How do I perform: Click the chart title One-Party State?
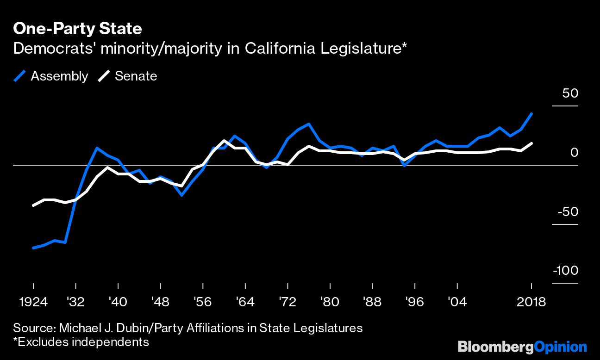(x=77, y=29)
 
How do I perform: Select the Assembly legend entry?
(x=51, y=76)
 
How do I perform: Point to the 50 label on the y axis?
(x=570, y=93)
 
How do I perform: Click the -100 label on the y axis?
(x=566, y=271)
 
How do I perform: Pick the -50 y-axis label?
(x=569, y=212)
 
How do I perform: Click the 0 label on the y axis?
(x=574, y=152)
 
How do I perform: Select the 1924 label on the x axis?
(x=33, y=302)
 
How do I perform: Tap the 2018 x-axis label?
(x=531, y=302)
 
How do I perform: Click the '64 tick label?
(x=244, y=302)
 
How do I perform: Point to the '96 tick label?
(x=414, y=302)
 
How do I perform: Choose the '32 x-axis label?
(x=75, y=302)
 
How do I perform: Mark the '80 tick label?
(x=329, y=302)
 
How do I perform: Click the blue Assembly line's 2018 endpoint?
(x=531, y=113)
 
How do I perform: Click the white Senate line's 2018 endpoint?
(x=531, y=143)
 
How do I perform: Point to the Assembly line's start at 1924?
(x=33, y=248)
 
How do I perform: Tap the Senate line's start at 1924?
(x=33, y=205)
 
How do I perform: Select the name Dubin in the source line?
(x=123, y=328)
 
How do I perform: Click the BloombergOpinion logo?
(x=522, y=347)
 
